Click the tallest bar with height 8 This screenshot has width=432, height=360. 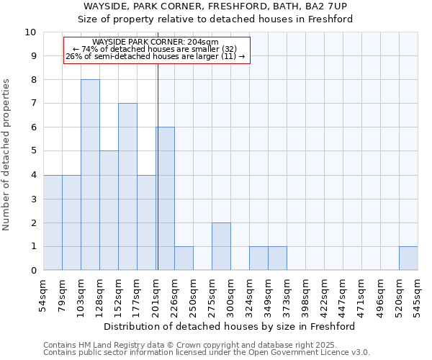click(90, 175)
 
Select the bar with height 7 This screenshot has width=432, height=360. click(127, 187)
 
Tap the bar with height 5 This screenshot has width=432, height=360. click(109, 210)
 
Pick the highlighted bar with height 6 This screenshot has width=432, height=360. click(165, 199)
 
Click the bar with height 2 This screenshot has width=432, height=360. click(221, 246)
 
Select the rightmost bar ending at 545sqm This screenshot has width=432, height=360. click(408, 258)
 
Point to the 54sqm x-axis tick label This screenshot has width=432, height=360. click(44, 294)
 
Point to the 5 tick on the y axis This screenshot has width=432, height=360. click(33, 151)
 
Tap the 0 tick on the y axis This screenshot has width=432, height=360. click(33, 271)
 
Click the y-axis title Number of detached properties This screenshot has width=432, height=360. click(7, 155)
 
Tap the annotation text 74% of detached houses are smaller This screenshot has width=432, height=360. click(156, 49)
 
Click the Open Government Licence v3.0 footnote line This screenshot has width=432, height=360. click(206, 353)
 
